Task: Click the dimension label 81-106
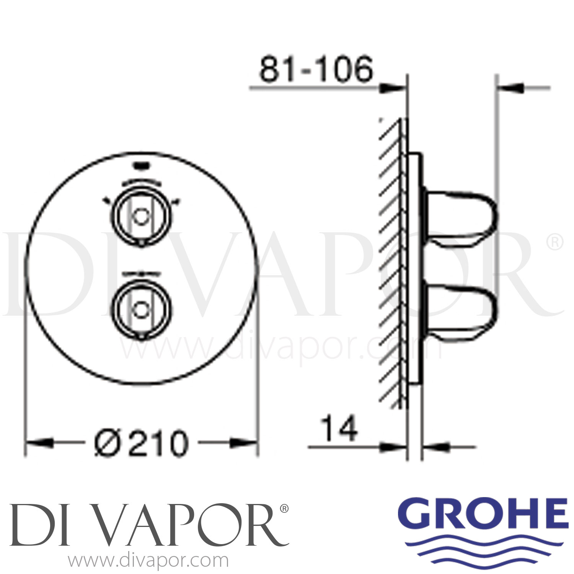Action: click(x=316, y=70)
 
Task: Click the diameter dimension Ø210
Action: click(x=142, y=444)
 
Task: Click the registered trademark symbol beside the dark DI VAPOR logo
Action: click(x=284, y=509)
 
